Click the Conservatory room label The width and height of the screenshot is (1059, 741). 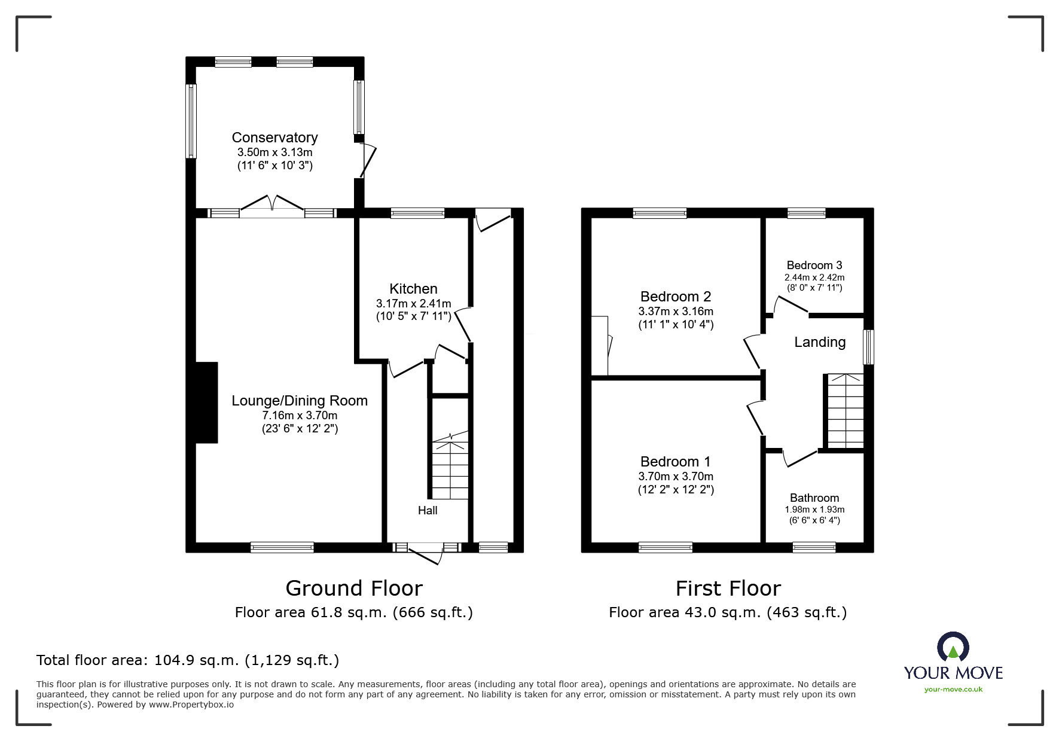274,138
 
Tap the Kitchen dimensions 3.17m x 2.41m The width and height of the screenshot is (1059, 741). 413,303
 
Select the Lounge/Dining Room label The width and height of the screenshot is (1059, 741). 300,401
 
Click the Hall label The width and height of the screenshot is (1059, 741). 428,510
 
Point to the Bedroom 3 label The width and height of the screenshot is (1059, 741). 814,265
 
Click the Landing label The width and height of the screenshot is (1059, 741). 820,342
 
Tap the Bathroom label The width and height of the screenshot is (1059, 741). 814,498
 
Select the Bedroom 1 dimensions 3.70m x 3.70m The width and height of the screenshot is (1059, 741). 676,477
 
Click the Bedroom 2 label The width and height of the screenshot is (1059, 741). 676,297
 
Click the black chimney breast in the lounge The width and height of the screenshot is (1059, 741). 206,402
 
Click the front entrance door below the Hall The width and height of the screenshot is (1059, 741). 426,553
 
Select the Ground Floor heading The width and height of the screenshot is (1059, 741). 354,588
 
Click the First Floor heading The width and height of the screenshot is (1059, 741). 728,588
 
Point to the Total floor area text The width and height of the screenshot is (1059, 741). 188,660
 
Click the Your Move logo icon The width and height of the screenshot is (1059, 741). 953,648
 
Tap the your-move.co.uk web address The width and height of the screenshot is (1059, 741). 953,690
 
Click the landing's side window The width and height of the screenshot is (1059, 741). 869,347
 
